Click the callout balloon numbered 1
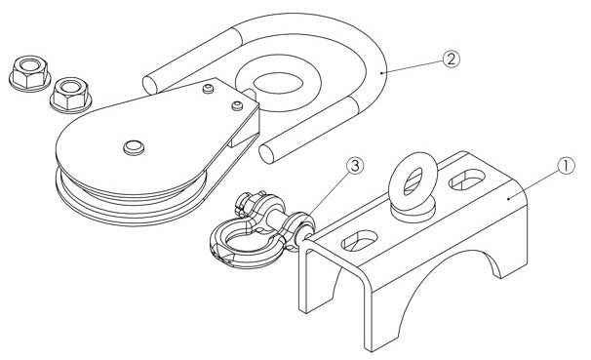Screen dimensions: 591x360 pyautogui.click(x=566, y=166)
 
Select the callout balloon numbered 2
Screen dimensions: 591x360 pyautogui.click(x=452, y=60)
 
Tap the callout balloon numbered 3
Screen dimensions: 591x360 pyautogui.click(x=356, y=166)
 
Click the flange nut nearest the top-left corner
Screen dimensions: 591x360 pyautogui.click(x=30, y=73)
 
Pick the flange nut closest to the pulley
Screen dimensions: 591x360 pyautogui.click(x=71, y=95)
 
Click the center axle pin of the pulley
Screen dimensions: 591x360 pyautogui.click(x=134, y=147)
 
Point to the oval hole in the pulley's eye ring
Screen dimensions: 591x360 pyautogui.click(x=278, y=83)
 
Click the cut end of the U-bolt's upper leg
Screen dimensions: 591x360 pyautogui.click(x=149, y=85)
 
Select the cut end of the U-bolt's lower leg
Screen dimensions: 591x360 pyautogui.click(x=266, y=154)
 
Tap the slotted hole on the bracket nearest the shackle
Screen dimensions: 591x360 pyautogui.click(x=359, y=240)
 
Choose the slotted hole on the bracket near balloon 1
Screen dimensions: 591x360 pyautogui.click(x=467, y=180)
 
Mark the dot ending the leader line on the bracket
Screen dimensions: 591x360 pyautogui.click(x=509, y=197)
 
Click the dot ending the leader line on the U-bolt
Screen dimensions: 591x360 pyautogui.click(x=381, y=73)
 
